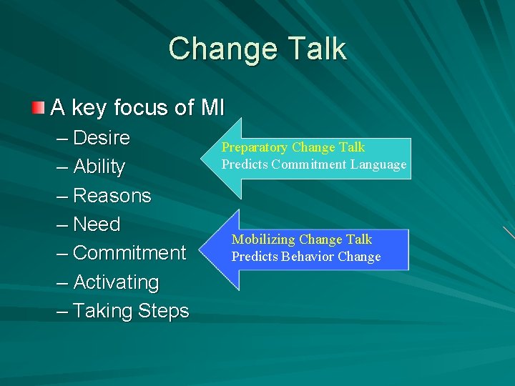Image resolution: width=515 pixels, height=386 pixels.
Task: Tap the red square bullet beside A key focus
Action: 38,108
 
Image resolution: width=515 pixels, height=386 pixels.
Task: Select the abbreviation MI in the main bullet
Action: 212,108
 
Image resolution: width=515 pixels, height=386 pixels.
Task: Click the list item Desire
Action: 102,137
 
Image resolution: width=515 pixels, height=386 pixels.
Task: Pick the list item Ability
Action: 99,167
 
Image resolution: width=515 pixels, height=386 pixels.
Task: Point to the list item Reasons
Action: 112,196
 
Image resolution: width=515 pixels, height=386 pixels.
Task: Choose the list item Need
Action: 97,224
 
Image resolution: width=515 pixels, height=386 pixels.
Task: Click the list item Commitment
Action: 129,253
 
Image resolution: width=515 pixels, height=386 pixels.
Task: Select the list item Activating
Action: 116,282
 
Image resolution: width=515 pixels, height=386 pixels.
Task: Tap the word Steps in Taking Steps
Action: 164,312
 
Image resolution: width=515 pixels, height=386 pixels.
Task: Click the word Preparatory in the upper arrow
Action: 255,147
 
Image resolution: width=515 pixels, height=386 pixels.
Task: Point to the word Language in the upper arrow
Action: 378,164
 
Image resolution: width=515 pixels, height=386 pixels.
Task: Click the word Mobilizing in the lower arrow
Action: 264,239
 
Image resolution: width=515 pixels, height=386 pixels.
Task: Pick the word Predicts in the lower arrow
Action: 255,257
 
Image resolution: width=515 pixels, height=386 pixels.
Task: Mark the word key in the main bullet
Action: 89,108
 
